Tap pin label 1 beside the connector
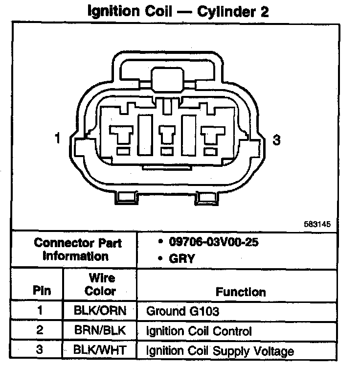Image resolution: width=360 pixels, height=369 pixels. [58, 139]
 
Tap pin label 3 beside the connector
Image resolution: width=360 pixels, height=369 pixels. [277, 140]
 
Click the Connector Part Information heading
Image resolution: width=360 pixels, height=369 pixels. [78, 249]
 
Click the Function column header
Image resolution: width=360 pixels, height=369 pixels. [241, 292]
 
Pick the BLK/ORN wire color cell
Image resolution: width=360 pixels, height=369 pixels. [100, 311]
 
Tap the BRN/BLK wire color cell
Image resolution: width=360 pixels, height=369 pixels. [100, 330]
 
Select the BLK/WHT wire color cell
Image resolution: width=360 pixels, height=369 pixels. [100, 350]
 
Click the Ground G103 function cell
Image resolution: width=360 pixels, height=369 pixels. [183, 311]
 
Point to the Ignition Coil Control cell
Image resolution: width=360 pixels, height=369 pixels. [199, 331]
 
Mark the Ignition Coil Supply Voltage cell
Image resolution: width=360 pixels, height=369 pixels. [220, 351]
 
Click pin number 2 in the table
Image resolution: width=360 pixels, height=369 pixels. [40, 330]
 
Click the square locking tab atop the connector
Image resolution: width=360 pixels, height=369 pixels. [166, 79]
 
